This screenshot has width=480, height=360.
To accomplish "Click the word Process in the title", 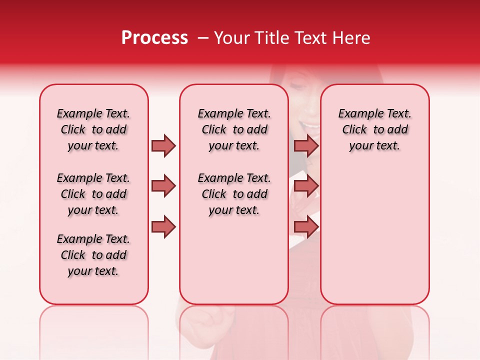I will click(x=154, y=38).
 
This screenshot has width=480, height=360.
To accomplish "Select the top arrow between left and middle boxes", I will click(x=163, y=145).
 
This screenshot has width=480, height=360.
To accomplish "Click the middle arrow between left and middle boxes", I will click(x=163, y=186).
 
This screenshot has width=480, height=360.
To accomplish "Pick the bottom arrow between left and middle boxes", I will click(x=163, y=226).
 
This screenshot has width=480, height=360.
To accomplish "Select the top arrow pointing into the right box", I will click(x=306, y=145).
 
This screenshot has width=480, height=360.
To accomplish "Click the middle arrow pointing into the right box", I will click(x=306, y=186).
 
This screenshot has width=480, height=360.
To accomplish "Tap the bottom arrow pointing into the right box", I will click(x=306, y=226).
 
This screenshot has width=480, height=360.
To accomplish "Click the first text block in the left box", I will click(x=93, y=129).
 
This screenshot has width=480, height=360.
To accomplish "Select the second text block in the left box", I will click(x=93, y=194).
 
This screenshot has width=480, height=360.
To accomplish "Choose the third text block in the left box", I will click(x=93, y=255).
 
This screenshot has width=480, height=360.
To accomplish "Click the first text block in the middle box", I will click(x=234, y=129).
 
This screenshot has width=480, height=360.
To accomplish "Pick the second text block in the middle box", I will click(x=234, y=194).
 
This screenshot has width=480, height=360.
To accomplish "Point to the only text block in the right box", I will click(x=374, y=129).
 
